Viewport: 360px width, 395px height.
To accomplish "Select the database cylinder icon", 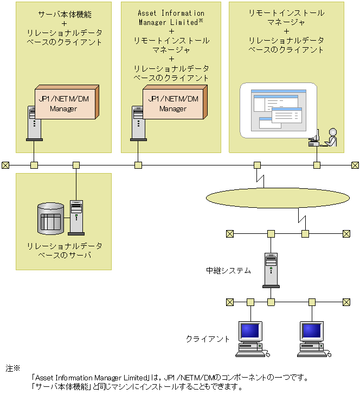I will click(x=51, y=219).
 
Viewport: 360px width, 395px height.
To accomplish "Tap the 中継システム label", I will click(x=228, y=270).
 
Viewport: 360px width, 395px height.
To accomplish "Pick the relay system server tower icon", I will click(x=271, y=270).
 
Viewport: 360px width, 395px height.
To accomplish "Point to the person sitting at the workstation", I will click(x=331, y=137).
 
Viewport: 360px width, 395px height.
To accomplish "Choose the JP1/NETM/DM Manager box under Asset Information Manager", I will click(x=173, y=103).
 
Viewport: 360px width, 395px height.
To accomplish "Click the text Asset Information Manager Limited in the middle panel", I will click(x=171, y=17).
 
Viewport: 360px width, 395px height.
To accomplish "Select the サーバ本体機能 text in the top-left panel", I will click(x=65, y=13).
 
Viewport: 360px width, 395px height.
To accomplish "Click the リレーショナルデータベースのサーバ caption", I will click(x=65, y=250).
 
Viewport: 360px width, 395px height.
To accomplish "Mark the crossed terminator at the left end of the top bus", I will click(x=5, y=165).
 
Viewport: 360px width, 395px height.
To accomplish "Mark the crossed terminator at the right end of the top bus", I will click(x=355, y=165).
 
